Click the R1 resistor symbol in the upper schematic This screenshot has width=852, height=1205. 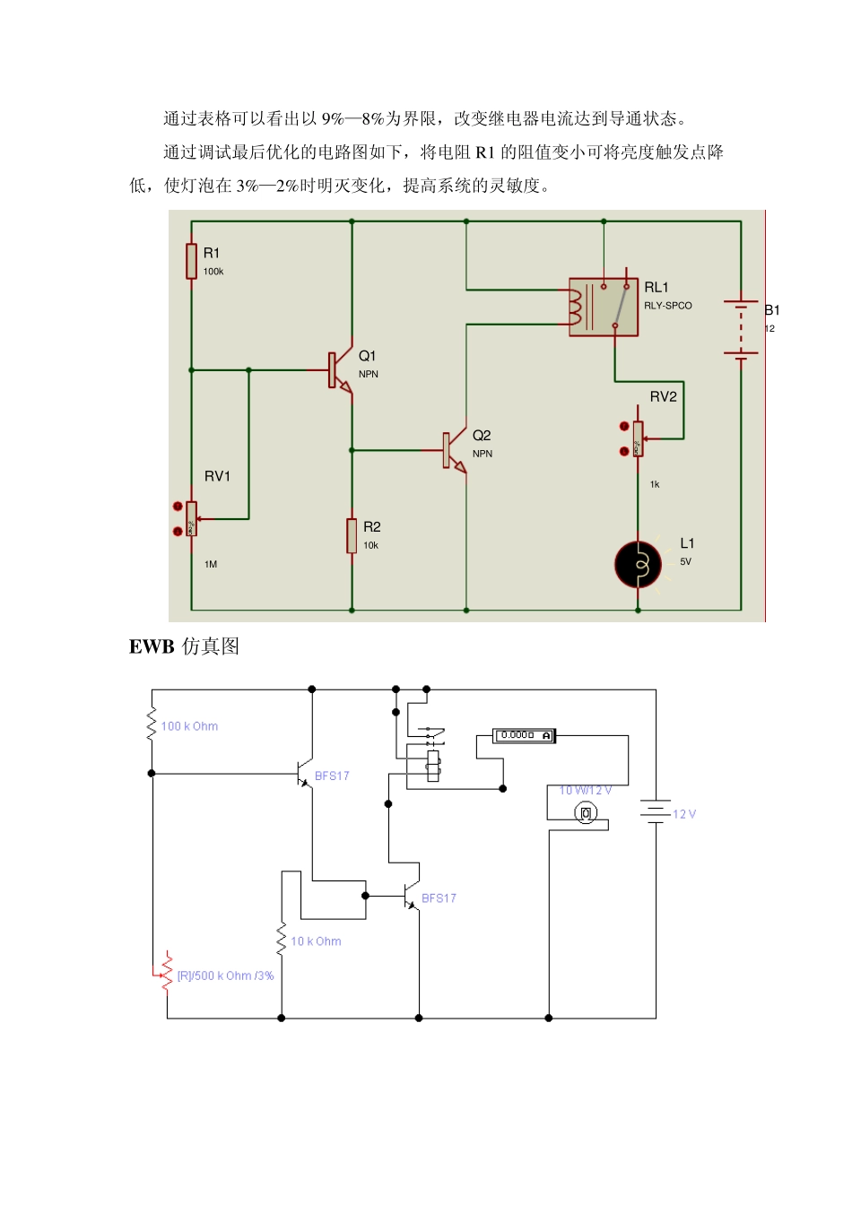coord(191,261)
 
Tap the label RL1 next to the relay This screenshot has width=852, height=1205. coord(656,288)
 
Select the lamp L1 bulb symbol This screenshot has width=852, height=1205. coord(638,565)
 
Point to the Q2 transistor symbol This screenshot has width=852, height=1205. coord(454,450)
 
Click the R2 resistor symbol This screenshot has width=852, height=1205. coord(352,535)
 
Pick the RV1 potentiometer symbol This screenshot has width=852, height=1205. coord(191,518)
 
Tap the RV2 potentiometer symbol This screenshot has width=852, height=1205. coord(638,438)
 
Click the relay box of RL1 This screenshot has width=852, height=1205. coord(603,308)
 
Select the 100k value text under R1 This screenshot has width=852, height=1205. coord(213,272)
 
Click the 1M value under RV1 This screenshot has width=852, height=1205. coord(211,565)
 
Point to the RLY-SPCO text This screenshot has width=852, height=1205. coord(668,306)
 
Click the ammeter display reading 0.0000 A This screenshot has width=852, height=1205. coord(525,736)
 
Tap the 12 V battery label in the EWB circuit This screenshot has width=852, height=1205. coord(684,814)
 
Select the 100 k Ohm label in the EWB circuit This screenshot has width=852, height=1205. coord(189,726)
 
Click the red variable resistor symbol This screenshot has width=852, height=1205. coord(167,972)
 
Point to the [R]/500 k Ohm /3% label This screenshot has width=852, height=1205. coord(225,975)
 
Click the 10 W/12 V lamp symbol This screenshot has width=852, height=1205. coord(586,813)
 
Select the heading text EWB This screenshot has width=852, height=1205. coord(152,646)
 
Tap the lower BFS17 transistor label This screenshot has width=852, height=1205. coord(439,898)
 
